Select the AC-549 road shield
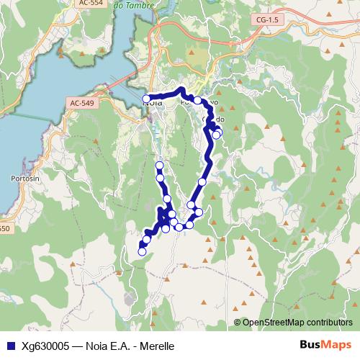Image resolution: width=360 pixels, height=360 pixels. coord(81,104)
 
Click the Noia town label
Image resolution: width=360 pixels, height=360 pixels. coord(153,103)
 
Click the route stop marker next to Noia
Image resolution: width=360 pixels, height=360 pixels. coord(146,99)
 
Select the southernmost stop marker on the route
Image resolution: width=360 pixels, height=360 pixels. coord(142,251)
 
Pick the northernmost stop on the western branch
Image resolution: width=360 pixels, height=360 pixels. coord(159,166)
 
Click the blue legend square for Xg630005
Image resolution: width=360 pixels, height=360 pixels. coord(9,346)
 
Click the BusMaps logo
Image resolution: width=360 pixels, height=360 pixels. coord(325,345)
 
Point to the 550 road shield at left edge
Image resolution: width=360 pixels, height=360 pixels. coord(4,229)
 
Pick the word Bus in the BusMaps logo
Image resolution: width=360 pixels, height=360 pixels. coord(310,345)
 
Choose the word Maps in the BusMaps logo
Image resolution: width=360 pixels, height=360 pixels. coord(337,345)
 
